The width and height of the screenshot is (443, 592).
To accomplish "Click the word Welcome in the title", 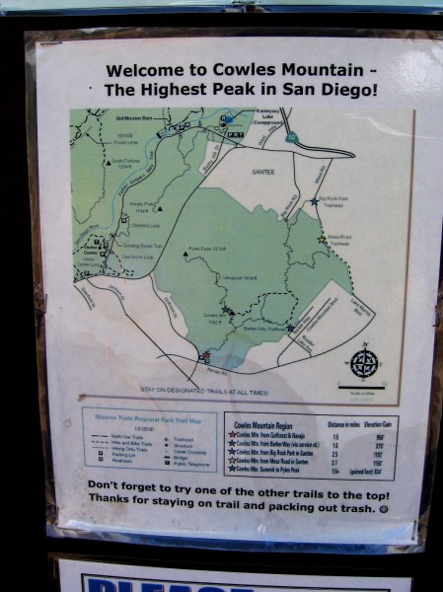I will pos(139,71).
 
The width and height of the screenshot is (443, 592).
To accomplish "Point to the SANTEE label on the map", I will pos(263,171).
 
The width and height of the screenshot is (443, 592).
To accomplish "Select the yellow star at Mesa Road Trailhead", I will pos(322,239).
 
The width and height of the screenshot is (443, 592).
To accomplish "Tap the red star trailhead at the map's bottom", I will pos(205,355).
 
